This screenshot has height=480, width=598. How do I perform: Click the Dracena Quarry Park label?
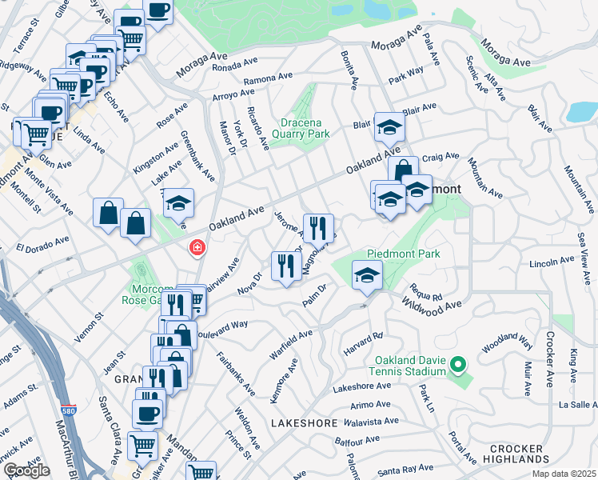(x=305, y=129)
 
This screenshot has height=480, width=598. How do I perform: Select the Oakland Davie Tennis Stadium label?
(x=407, y=366)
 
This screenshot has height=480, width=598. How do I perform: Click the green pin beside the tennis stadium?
(x=457, y=366)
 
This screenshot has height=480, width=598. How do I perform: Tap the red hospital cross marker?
(x=195, y=249)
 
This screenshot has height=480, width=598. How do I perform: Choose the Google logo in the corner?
(x=26, y=470)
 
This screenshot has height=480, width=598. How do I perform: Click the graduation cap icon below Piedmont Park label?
(x=367, y=275)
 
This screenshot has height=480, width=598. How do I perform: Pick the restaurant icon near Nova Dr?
(x=285, y=266)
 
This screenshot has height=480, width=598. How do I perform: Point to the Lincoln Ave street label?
(x=552, y=262)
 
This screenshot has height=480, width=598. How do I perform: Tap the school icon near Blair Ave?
(x=389, y=127)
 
